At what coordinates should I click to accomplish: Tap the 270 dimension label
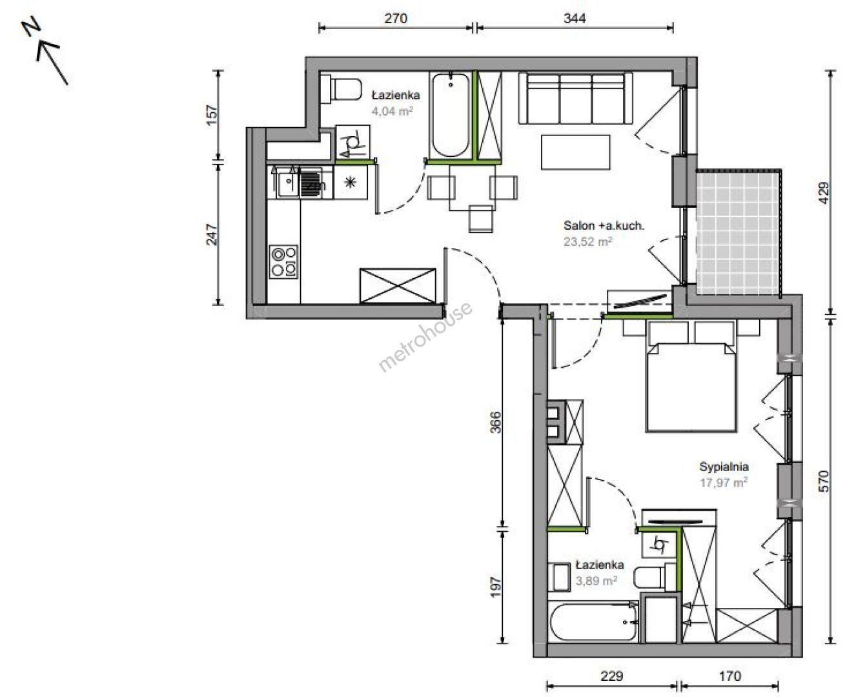396,18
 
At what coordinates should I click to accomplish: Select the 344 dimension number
575,18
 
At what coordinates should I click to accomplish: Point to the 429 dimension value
823,193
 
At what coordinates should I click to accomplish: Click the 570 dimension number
823,481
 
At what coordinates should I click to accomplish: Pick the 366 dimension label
496,422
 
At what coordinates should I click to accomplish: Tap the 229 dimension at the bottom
611,676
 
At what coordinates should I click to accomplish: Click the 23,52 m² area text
587,242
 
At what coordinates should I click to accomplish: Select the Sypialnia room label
724,467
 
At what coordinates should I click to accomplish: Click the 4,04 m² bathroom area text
392,111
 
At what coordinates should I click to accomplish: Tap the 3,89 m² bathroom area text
596,581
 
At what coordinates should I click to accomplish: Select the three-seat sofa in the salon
575,98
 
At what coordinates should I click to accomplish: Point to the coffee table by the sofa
575,152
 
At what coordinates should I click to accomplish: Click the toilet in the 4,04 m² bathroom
341,89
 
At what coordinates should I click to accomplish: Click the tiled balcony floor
738,232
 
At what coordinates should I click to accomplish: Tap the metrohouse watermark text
425,337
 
